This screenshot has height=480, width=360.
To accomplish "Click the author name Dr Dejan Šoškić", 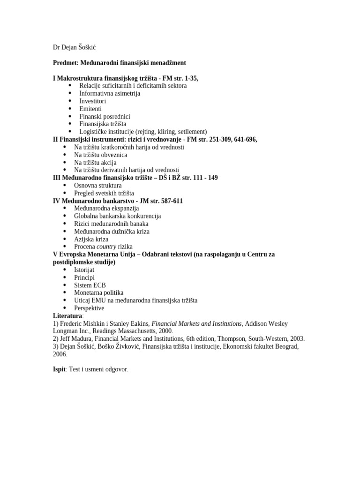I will [75, 47].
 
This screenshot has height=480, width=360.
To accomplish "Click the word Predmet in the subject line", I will [65, 63].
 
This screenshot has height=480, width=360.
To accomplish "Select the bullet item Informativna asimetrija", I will [110, 93].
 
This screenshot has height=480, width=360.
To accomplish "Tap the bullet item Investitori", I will [93, 101].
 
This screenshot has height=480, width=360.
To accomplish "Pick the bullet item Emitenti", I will [90, 109].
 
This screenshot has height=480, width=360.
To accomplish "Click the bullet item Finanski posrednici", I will [105, 117].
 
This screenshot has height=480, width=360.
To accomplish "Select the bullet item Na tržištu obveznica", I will [100, 155].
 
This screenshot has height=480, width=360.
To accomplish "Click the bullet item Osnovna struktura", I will [97, 186].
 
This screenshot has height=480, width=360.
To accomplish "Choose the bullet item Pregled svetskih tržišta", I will [104, 193].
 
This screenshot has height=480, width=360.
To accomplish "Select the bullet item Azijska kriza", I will [91, 239].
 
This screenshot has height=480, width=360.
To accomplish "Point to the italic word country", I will [106, 247].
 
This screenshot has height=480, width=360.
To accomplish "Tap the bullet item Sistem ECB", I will [90, 285].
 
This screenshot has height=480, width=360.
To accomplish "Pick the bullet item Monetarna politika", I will [98, 293].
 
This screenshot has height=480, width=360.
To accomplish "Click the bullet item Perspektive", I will [89, 308].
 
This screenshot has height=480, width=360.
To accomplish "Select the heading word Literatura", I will [67, 316].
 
